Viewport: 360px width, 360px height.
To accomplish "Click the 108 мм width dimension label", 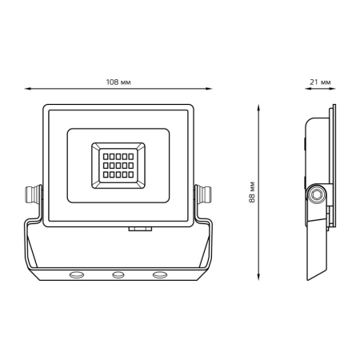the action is coord(118,82).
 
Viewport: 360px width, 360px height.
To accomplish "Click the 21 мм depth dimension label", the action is coord(320,82).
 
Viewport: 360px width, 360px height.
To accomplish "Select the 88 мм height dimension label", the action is coord(252,192).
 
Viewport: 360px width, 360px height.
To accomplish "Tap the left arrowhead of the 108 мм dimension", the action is coord(28,89).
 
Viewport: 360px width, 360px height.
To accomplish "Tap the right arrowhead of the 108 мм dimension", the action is coord(209,89).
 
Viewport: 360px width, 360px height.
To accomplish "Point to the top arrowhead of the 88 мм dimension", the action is coord(258,107).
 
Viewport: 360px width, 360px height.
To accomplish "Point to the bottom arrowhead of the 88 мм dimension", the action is coord(258,277).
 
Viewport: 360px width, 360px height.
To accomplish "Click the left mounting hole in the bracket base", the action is coord(77,274).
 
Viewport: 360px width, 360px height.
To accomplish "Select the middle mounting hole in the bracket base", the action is coord(118,274).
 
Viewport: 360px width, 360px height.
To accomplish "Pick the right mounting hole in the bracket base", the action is coord(160,274).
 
